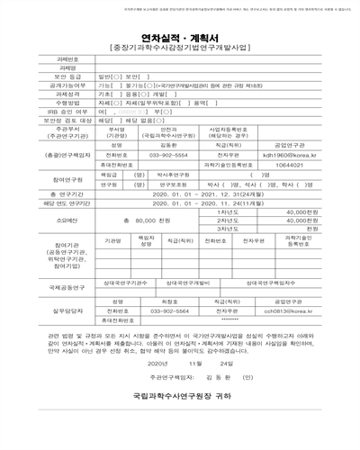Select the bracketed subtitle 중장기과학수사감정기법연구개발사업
tap(180, 42)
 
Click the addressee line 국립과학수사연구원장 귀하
tap(180, 419)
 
